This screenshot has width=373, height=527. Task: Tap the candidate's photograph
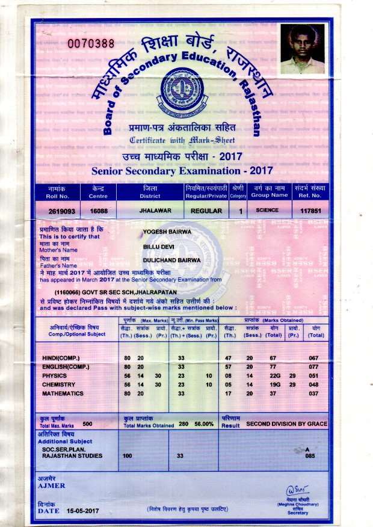(x=302, y=49)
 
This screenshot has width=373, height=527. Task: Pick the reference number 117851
(x=310, y=211)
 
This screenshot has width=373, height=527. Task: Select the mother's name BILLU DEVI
(x=158, y=247)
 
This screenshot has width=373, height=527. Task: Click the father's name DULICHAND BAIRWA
(x=171, y=260)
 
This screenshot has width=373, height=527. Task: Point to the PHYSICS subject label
(x=55, y=375)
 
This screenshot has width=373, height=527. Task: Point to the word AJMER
(x=51, y=485)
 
